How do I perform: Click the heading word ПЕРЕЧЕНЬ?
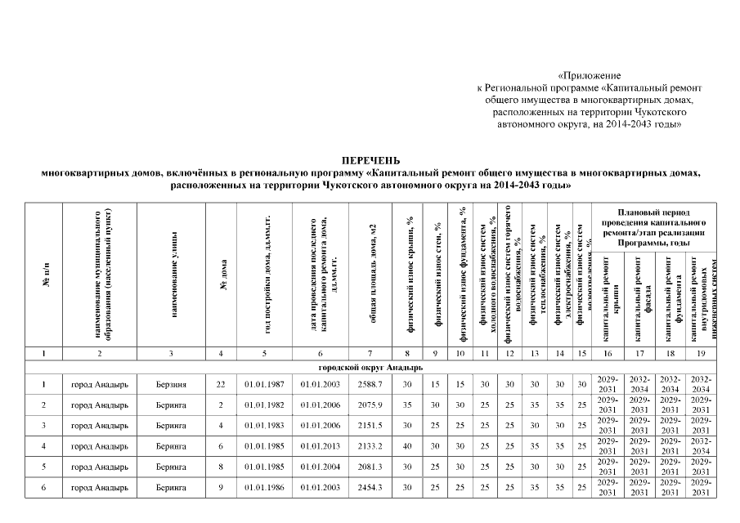tap(370, 162)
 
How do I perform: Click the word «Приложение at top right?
tap(590, 75)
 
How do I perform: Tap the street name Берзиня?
tap(171, 384)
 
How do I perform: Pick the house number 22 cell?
tap(220, 384)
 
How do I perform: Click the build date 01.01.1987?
tap(264, 384)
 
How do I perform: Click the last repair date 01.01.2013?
tap(320, 446)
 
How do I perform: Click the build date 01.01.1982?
tap(264, 405)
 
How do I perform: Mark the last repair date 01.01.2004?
tap(320, 467)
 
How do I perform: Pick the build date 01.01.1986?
tap(264, 488)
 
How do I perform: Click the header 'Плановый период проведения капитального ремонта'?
tap(652, 226)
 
